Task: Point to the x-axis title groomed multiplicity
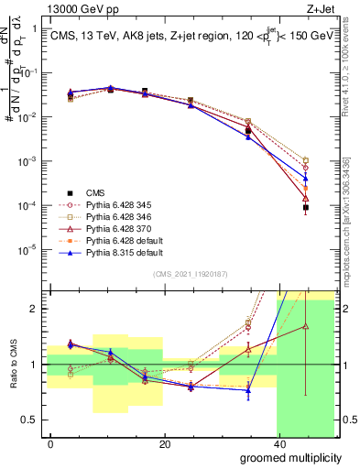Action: [x=290, y=456]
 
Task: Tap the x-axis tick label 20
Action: [x=165, y=444]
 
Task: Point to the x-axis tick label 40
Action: [x=278, y=444]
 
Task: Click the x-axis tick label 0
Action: [x=50, y=444]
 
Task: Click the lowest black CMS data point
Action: [x=305, y=208]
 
